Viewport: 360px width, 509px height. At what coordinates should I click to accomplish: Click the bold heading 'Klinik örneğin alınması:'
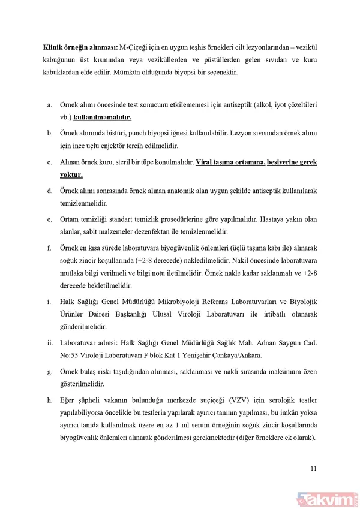pyautogui.click(x=80, y=47)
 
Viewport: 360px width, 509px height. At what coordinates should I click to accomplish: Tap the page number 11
pyautogui.click(x=313, y=469)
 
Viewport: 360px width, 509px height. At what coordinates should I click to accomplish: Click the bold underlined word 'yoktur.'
pyautogui.click(x=71, y=175)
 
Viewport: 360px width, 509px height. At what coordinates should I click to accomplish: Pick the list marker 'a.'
pyautogui.click(x=50, y=105)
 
